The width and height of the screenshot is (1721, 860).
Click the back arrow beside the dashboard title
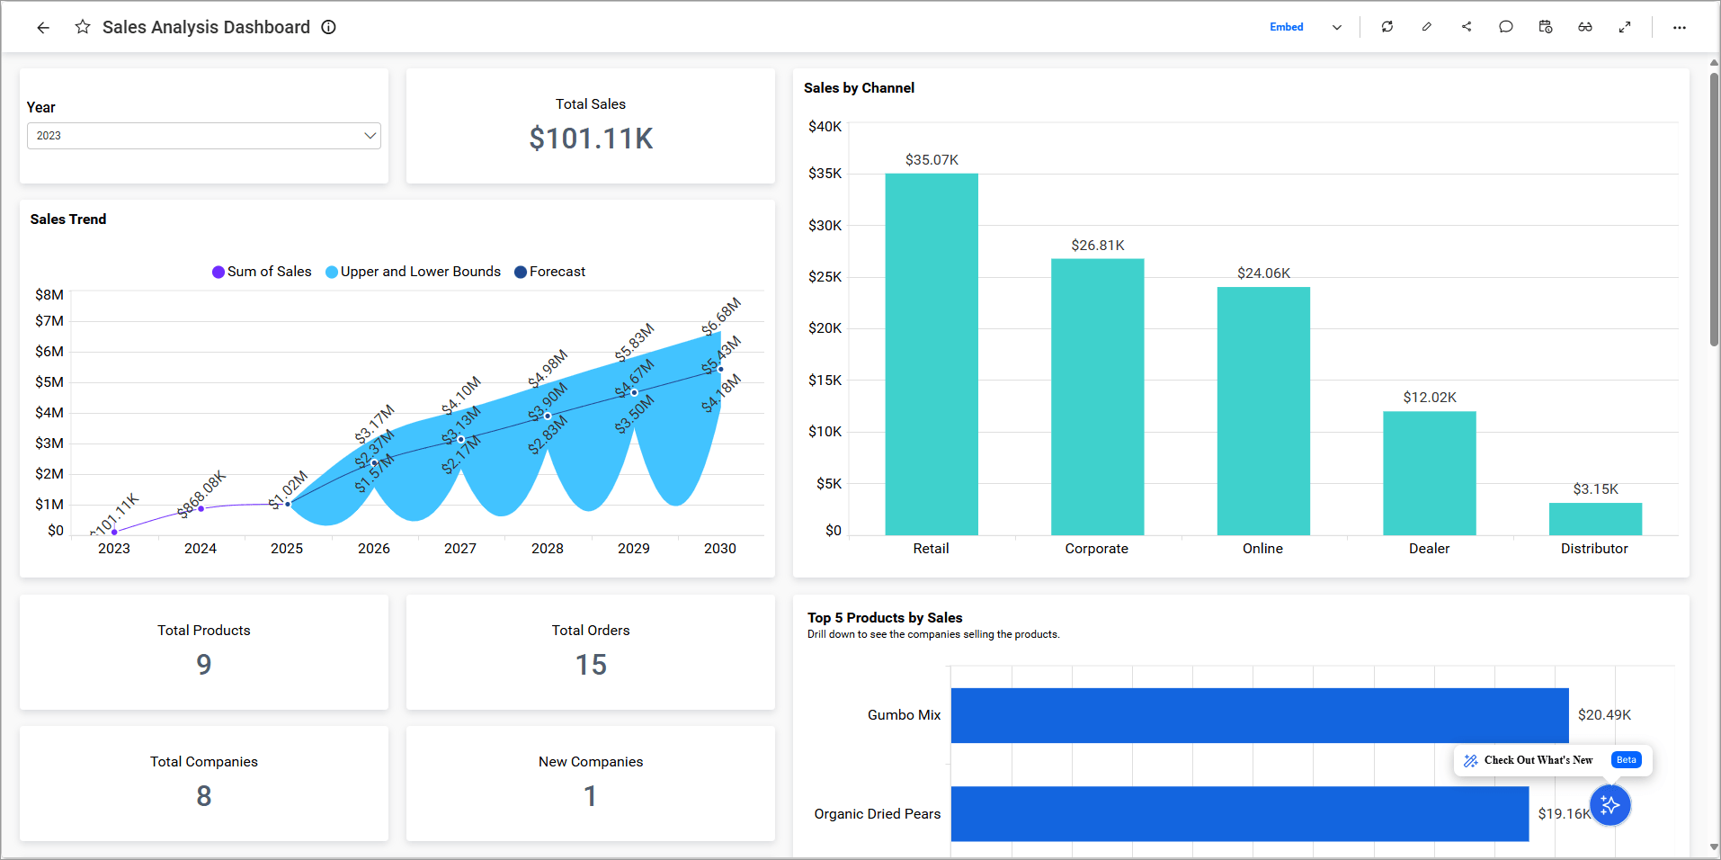tap(42, 27)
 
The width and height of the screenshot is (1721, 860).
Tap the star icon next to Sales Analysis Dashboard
tap(83, 27)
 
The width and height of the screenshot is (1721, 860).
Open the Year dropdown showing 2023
tap(204, 136)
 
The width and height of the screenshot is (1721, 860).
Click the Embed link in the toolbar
tap(1286, 27)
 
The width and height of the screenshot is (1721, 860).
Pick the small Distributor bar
tap(1594, 519)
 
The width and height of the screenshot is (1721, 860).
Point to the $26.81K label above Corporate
tap(1097, 246)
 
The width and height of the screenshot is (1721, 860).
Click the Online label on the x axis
tap(1262, 549)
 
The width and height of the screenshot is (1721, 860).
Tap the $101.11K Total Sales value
tap(591, 139)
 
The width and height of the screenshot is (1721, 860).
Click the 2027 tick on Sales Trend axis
tap(460, 549)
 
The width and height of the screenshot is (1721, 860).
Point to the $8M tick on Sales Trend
tap(49, 295)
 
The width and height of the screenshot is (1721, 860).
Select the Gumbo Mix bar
tap(1259, 715)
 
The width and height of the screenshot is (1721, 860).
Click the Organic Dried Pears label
tap(877, 814)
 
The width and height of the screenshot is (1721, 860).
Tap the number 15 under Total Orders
tap(591, 665)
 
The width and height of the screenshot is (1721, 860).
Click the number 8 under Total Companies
tap(204, 796)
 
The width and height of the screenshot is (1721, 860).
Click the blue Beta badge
tap(1626, 760)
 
